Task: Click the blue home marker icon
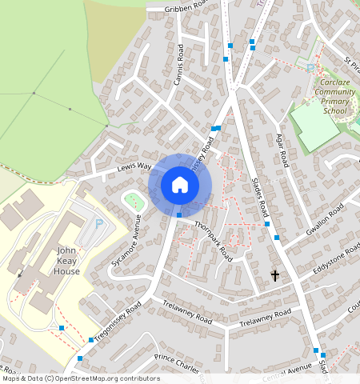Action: tap(180, 186)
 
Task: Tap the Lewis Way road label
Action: tap(134, 167)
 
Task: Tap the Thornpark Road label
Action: tap(213, 241)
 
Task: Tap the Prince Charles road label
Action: tap(176, 362)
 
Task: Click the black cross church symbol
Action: tap(275, 275)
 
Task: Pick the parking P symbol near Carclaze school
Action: tap(310, 68)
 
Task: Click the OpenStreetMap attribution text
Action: tap(80, 378)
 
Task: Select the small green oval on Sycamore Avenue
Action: tap(134, 200)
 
